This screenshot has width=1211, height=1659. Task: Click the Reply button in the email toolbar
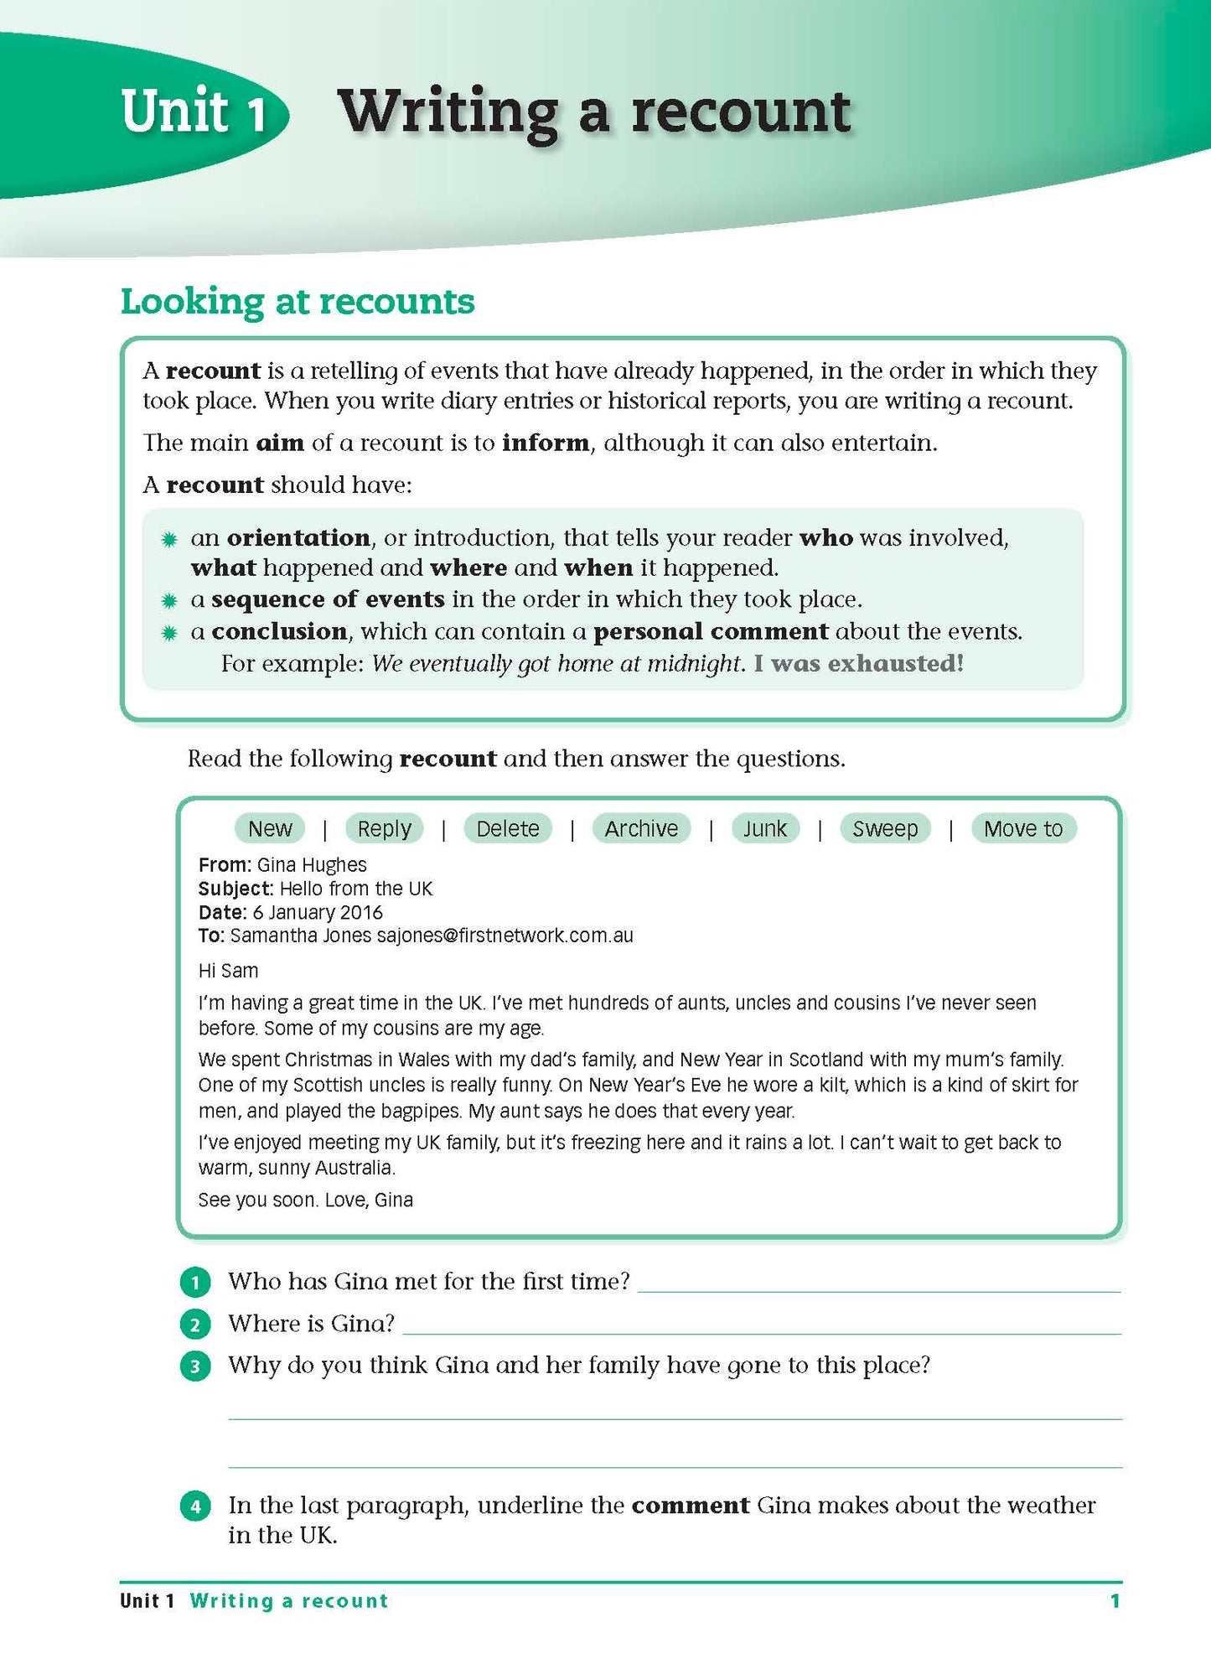(x=384, y=828)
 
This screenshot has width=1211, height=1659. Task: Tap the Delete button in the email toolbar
(x=507, y=828)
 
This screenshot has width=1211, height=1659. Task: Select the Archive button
(x=641, y=828)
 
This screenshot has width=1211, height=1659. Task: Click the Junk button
(x=764, y=828)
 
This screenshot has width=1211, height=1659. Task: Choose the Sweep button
(x=885, y=828)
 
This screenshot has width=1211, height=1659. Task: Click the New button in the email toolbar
(x=270, y=828)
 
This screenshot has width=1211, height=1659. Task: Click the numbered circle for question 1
(x=195, y=1283)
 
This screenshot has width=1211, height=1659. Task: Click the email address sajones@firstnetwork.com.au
(x=505, y=936)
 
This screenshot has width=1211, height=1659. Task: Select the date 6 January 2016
(x=318, y=912)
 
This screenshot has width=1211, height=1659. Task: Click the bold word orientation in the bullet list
(x=298, y=537)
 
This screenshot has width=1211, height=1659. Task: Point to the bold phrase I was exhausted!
(x=858, y=664)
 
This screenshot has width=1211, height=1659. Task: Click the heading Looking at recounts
(x=298, y=302)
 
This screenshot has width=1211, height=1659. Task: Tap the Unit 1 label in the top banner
(x=194, y=111)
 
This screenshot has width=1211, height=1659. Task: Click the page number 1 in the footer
(x=1115, y=1601)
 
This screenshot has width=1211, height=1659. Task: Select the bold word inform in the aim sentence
(x=545, y=443)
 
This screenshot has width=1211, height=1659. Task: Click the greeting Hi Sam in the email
(x=228, y=971)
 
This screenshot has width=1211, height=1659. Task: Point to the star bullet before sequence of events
(x=169, y=600)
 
